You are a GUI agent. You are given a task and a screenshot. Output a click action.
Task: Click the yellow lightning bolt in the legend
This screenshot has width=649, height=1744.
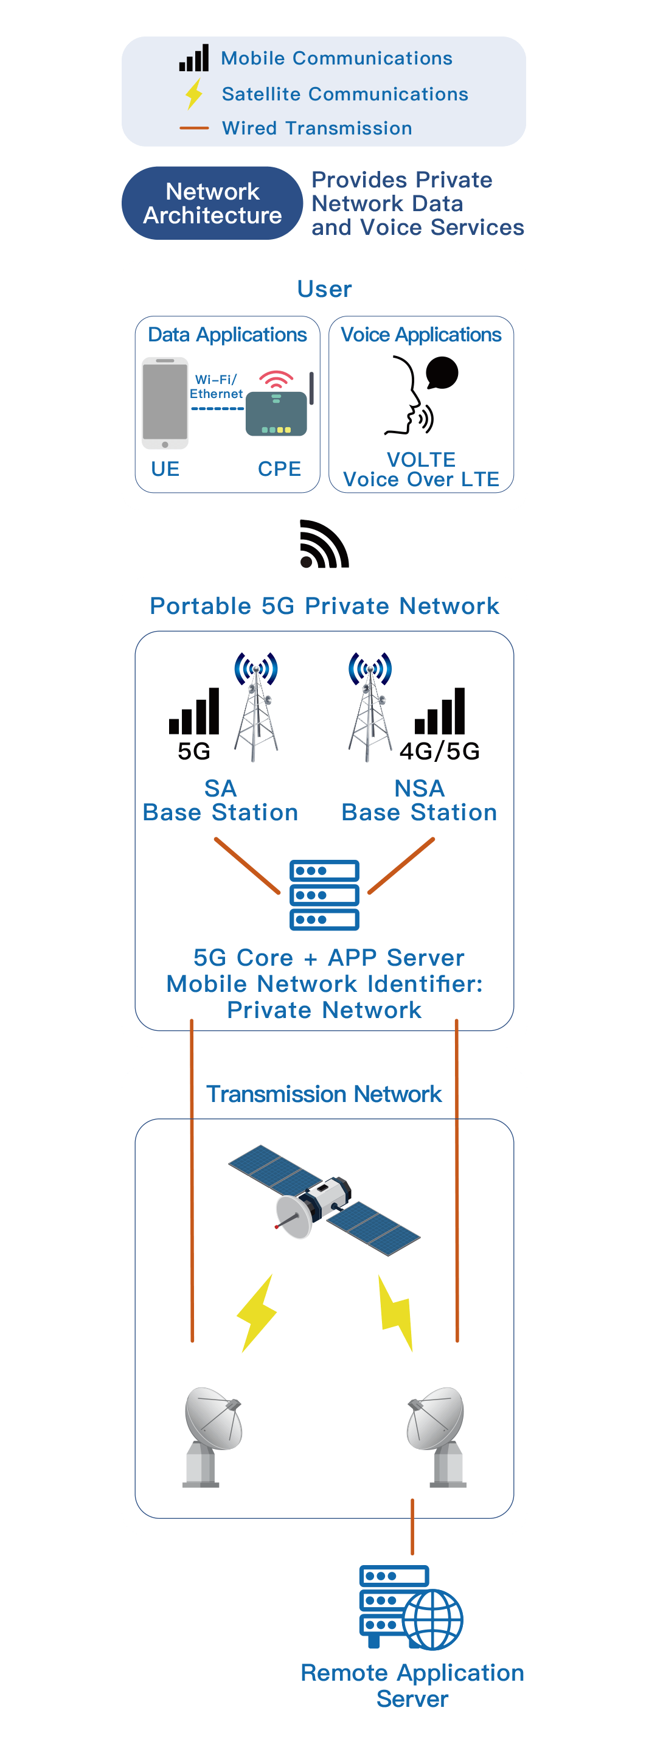tap(194, 94)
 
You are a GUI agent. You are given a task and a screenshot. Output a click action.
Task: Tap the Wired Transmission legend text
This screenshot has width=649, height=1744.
tap(317, 128)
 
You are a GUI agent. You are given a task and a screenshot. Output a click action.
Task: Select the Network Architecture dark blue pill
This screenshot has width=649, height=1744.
tap(212, 203)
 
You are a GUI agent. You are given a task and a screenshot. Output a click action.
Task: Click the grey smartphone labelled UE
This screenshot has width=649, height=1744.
tap(165, 403)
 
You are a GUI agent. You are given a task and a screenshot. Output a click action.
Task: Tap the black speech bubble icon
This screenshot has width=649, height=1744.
tap(442, 373)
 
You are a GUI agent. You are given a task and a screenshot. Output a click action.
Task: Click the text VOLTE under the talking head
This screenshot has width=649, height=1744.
tap(421, 459)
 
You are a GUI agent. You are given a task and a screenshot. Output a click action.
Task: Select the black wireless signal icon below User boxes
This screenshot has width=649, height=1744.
tap(324, 545)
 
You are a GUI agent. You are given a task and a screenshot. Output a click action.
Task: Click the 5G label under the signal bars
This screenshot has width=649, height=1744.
tap(194, 751)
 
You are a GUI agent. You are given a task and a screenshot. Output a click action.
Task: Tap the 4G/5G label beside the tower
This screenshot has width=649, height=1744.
tap(440, 751)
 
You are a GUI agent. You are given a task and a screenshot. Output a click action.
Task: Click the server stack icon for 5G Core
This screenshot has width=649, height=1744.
tap(324, 895)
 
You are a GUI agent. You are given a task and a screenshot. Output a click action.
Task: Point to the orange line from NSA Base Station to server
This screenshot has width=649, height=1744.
tap(401, 866)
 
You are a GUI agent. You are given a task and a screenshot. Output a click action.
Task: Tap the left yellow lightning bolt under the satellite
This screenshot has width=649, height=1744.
tap(257, 1313)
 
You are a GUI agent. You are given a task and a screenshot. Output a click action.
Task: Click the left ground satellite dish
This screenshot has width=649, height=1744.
tap(211, 1435)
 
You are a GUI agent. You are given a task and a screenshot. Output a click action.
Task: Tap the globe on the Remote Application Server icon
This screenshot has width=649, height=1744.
tap(433, 1619)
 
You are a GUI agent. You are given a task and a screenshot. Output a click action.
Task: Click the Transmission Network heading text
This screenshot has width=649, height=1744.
tap(324, 1094)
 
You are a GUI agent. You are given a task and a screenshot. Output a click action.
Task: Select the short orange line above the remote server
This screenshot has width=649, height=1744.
tap(412, 1527)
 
